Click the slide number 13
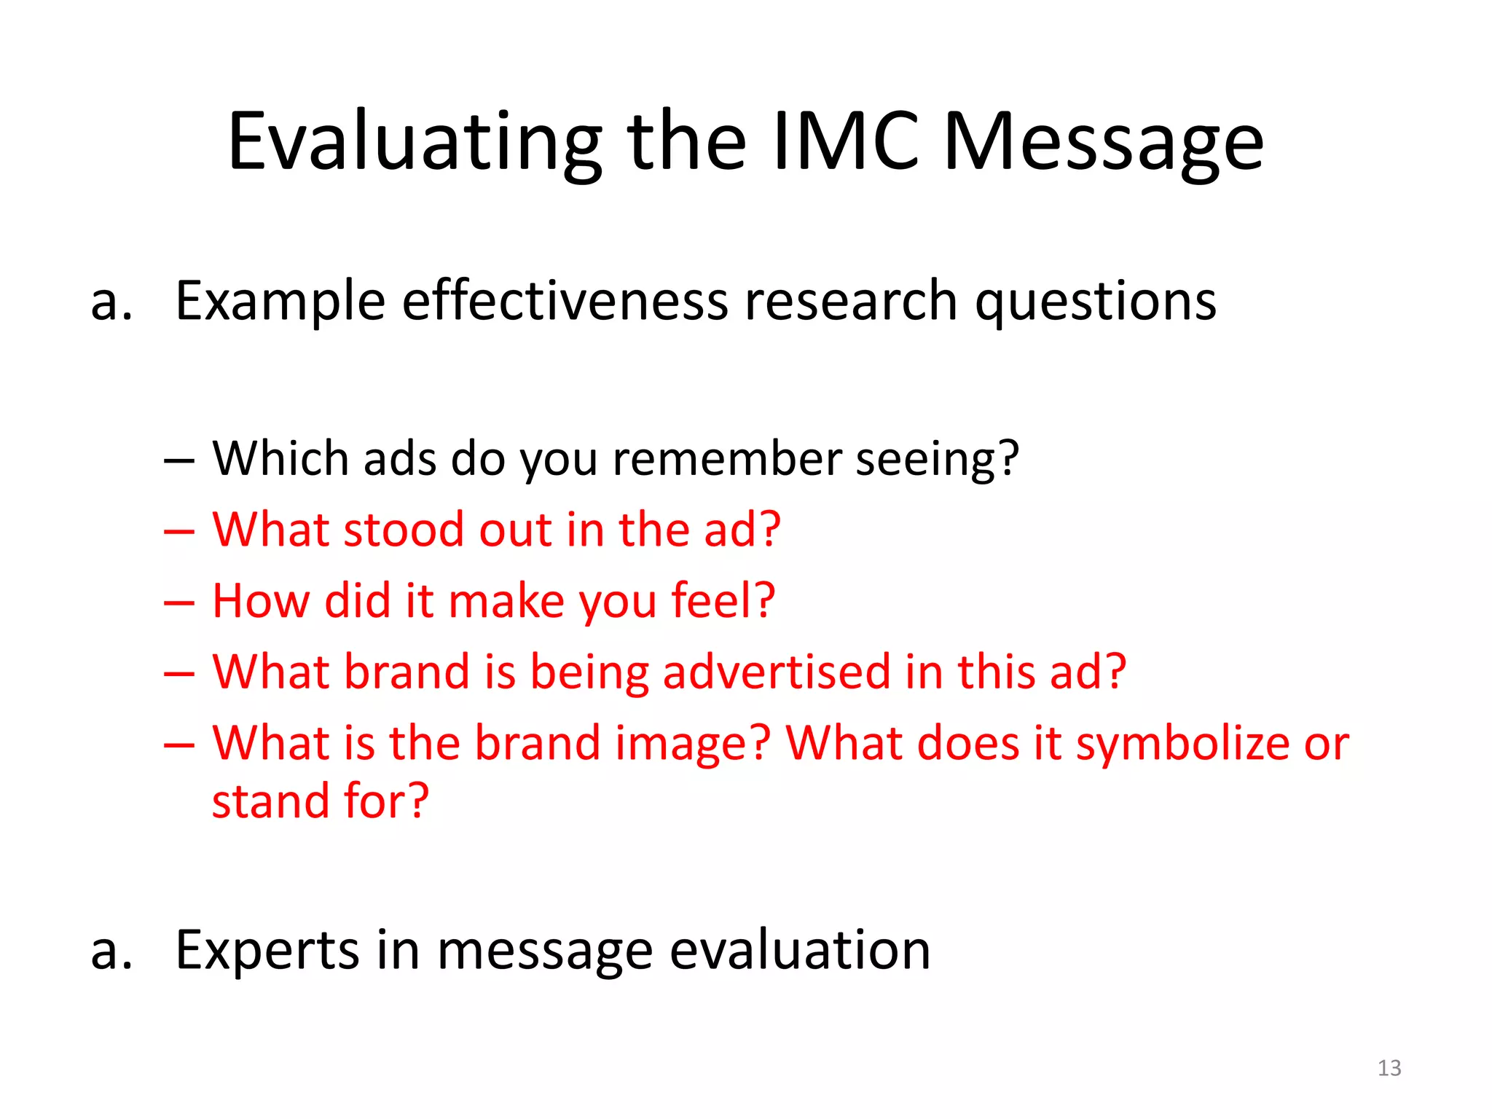pos(1389,1068)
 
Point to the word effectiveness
pos(565,300)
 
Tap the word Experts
pos(267,950)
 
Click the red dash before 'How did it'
pos(179,604)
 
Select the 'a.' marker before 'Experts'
pos(111,951)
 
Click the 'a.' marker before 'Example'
pos(111,302)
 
